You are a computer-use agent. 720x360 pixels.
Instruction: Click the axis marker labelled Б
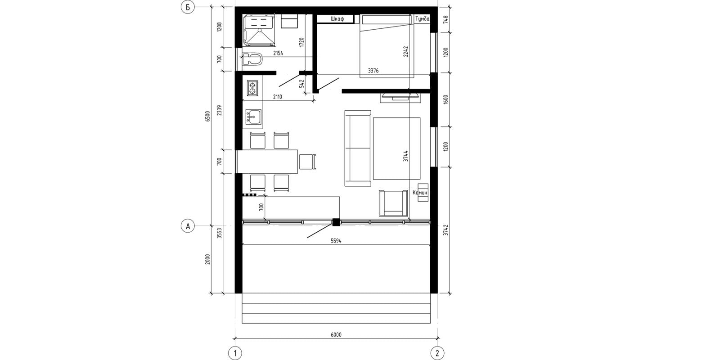coord(188,7)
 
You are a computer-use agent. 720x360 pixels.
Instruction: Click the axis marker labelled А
coord(188,226)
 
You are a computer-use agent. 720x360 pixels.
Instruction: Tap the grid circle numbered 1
coord(235,353)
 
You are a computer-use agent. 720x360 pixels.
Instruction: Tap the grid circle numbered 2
coord(437,353)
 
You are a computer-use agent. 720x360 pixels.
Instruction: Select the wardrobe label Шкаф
coord(337,19)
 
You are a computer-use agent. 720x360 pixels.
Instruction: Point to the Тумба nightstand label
coord(422,19)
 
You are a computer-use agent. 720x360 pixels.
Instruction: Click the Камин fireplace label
coord(420,193)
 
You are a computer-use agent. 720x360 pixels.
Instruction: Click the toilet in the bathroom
coord(252,59)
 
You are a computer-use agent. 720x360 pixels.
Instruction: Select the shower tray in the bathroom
coord(259,30)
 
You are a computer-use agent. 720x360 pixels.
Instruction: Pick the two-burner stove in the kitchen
coord(252,88)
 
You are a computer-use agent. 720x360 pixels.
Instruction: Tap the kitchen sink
coord(253,117)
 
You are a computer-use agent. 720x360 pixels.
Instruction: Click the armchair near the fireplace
coord(393,203)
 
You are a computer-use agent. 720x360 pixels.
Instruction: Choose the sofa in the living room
coord(358,148)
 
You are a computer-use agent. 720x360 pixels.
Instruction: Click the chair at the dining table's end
coord(308,162)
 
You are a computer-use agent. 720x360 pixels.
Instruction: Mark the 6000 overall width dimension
coord(336,335)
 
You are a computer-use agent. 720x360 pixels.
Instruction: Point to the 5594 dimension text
coord(336,240)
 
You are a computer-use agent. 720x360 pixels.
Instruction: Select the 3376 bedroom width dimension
coord(373,71)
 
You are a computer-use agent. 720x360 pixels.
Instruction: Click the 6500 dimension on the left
coord(207,116)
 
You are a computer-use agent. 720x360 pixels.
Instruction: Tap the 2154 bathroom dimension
coord(278,54)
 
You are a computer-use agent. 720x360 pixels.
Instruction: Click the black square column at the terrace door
coord(336,222)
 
